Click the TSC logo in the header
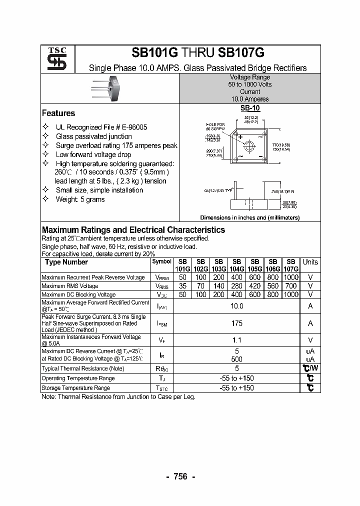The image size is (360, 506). (53, 59)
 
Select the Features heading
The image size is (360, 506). (58, 113)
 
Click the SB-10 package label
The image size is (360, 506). (250, 107)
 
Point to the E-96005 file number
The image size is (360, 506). (130, 127)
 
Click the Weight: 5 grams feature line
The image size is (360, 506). (80, 199)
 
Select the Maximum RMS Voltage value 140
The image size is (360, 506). (218, 286)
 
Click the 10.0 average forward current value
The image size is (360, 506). (236, 306)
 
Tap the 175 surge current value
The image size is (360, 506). (236, 323)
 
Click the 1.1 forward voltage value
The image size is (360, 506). (236, 340)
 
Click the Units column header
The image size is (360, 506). (310, 262)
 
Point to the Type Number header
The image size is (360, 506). (66, 262)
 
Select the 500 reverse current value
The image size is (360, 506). (236, 358)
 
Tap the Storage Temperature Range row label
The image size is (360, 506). (75, 388)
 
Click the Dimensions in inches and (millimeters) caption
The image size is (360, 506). (249, 217)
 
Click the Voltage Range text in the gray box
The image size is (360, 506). (249, 77)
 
